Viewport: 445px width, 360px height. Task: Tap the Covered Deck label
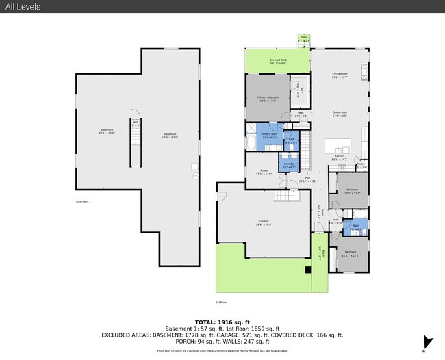[277, 61]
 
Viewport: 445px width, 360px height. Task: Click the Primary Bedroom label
[268, 99]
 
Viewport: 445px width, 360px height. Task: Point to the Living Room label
[340, 76]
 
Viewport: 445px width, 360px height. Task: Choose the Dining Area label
[340, 114]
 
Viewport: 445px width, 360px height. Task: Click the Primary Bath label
[268, 136]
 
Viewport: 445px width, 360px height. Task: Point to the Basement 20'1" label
[107, 132]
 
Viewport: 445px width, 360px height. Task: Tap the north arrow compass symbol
[428, 342]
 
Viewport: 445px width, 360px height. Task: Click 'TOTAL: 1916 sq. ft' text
[222, 322]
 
